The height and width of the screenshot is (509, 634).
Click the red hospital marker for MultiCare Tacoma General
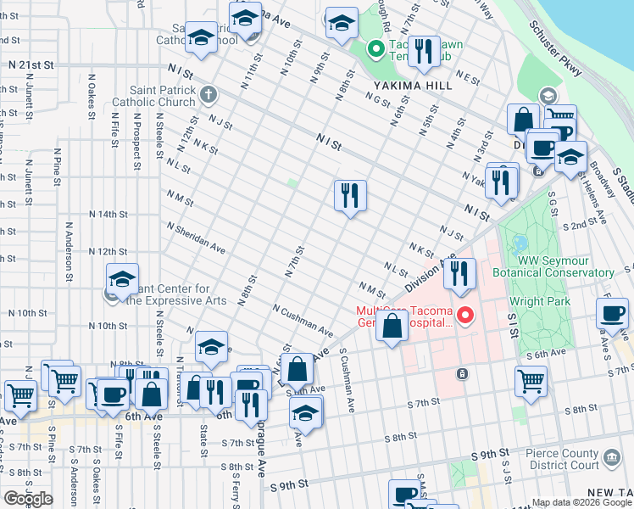coord(464,316)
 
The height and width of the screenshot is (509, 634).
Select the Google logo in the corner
coord(27,499)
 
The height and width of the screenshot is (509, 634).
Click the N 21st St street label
coord(31,64)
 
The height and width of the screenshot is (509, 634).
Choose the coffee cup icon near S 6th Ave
coord(612,313)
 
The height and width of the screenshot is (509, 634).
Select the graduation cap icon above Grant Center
coord(122,278)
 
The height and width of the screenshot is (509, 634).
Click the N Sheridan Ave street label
coord(196,238)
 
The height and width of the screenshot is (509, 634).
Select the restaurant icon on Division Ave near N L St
coord(459,273)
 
